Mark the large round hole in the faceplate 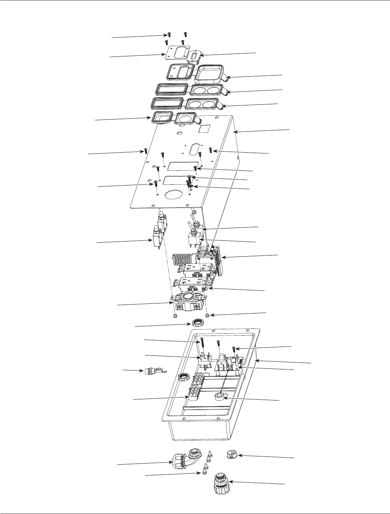(x=175, y=194)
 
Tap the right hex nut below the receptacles (x=207, y=315)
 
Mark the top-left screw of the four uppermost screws (x=169, y=35)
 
